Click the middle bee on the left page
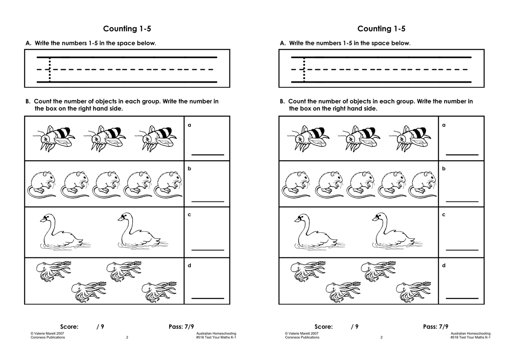104,139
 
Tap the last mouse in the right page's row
422,184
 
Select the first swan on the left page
65,231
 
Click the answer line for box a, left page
208,155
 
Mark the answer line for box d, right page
462,298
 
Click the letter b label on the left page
189,168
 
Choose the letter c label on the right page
444,215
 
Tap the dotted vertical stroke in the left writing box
50,70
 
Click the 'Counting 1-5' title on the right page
381,28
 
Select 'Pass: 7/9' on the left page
181,327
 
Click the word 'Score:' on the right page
323,327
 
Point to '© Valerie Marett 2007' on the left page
47,333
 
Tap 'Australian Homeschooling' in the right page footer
470,333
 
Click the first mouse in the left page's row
42,184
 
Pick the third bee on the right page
410,139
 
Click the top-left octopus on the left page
53,271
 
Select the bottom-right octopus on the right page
414,292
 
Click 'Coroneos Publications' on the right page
302,337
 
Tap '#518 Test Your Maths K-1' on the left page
216,337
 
